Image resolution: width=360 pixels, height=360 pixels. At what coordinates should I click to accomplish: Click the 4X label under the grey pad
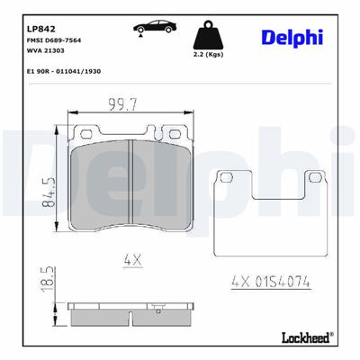133,259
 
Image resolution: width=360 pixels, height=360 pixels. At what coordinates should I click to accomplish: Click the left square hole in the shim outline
229,176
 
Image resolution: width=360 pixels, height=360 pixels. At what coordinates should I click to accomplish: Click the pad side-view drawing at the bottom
133,312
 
